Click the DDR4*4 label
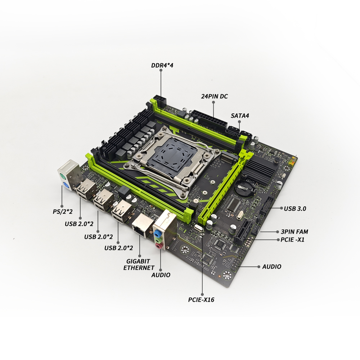tap(162, 66)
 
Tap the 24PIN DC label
tap(215, 96)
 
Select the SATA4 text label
tap(240, 116)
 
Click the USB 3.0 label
tap(295, 208)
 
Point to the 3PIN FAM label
tap(294, 231)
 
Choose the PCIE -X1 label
tap(292, 240)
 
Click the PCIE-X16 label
tap(201, 300)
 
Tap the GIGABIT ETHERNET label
tap(139, 265)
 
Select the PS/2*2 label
tap(62, 211)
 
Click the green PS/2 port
tap(62, 176)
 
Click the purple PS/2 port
tap(65, 185)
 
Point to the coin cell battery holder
tap(244, 188)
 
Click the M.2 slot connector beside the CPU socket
tap(229, 159)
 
